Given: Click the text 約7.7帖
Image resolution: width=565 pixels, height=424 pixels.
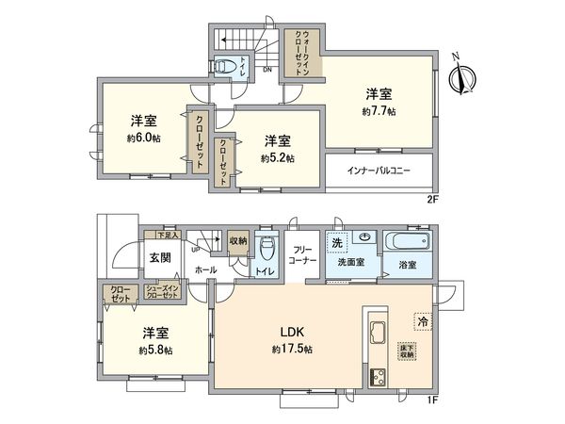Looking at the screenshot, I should [x=379, y=110].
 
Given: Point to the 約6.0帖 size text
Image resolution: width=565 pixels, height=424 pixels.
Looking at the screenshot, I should [x=143, y=138].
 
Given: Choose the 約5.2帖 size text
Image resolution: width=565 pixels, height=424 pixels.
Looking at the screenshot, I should [x=277, y=157].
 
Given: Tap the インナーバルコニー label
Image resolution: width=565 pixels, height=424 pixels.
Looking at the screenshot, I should [x=379, y=171].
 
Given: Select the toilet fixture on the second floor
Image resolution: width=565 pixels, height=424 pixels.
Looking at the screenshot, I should [x=226, y=66].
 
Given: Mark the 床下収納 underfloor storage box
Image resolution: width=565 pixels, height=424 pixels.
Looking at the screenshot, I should [x=406, y=349].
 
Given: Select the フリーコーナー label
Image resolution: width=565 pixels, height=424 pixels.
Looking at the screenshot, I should [x=302, y=256].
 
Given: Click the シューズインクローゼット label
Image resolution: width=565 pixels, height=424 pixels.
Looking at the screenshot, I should [x=163, y=294].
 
